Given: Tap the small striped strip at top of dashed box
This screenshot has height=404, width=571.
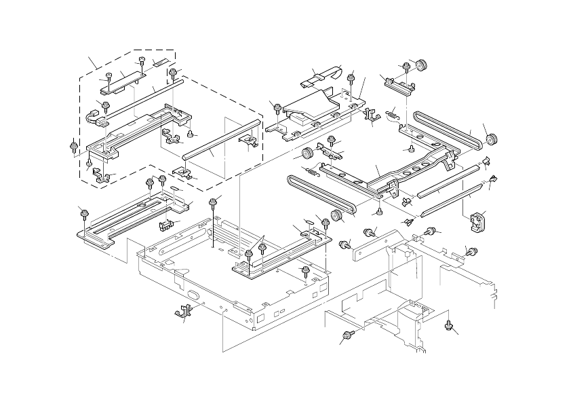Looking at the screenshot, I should click(160, 63).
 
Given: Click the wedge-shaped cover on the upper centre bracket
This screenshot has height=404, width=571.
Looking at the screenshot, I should click(309, 107).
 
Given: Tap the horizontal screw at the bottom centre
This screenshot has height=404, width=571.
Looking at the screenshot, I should click(348, 335).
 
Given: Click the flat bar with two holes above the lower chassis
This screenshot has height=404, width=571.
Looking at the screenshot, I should click(374, 245).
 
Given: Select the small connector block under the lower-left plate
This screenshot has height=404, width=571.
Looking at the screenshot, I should click(163, 225).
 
